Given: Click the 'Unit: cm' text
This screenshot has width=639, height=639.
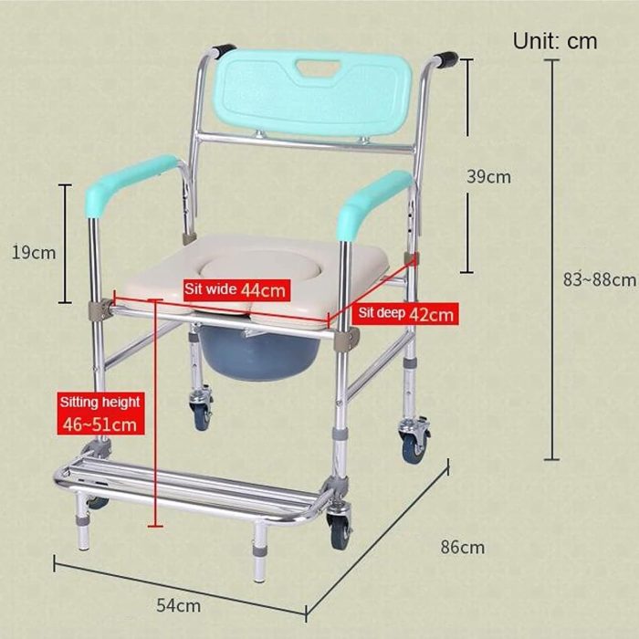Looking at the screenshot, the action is [x=555, y=41].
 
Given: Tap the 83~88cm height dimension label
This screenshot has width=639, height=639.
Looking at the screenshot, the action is [x=600, y=279].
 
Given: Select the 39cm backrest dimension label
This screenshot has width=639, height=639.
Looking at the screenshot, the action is [x=488, y=177].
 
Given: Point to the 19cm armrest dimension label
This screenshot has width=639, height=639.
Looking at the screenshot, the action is [x=34, y=253].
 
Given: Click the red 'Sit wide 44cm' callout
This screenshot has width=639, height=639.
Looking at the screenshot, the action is [x=236, y=290].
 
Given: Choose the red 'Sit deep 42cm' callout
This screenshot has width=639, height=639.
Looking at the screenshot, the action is [x=405, y=314].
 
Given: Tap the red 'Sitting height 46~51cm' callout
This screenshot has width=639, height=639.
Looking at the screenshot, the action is [x=100, y=414].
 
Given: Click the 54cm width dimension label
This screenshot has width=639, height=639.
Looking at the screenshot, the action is [x=179, y=605].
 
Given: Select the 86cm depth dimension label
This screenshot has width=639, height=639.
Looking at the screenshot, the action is [x=463, y=548].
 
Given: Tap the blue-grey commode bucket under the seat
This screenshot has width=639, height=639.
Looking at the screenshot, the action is [x=259, y=353].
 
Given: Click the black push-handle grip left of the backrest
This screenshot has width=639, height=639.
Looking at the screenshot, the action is [x=225, y=50].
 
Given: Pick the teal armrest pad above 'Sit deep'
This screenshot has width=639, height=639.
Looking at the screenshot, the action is [x=374, y=202].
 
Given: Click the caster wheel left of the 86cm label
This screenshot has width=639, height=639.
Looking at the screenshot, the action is [x=414, y=441].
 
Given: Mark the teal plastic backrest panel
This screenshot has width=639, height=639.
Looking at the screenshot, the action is [x=312, y=92].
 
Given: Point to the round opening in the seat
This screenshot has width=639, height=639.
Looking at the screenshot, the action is [x=257, y=267].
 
